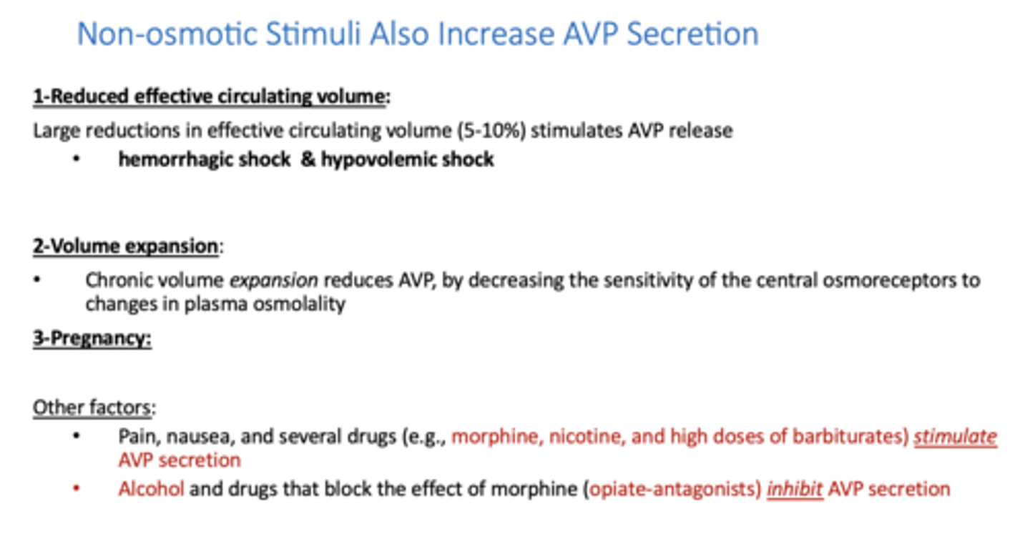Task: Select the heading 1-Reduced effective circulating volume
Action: pos(210,97)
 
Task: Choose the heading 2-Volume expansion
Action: pos(126,247)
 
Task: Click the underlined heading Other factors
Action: pos(92,408)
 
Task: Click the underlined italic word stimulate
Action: pos(955,437)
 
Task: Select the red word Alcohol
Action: pos(151,490)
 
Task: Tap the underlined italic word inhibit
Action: pos(795,490)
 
